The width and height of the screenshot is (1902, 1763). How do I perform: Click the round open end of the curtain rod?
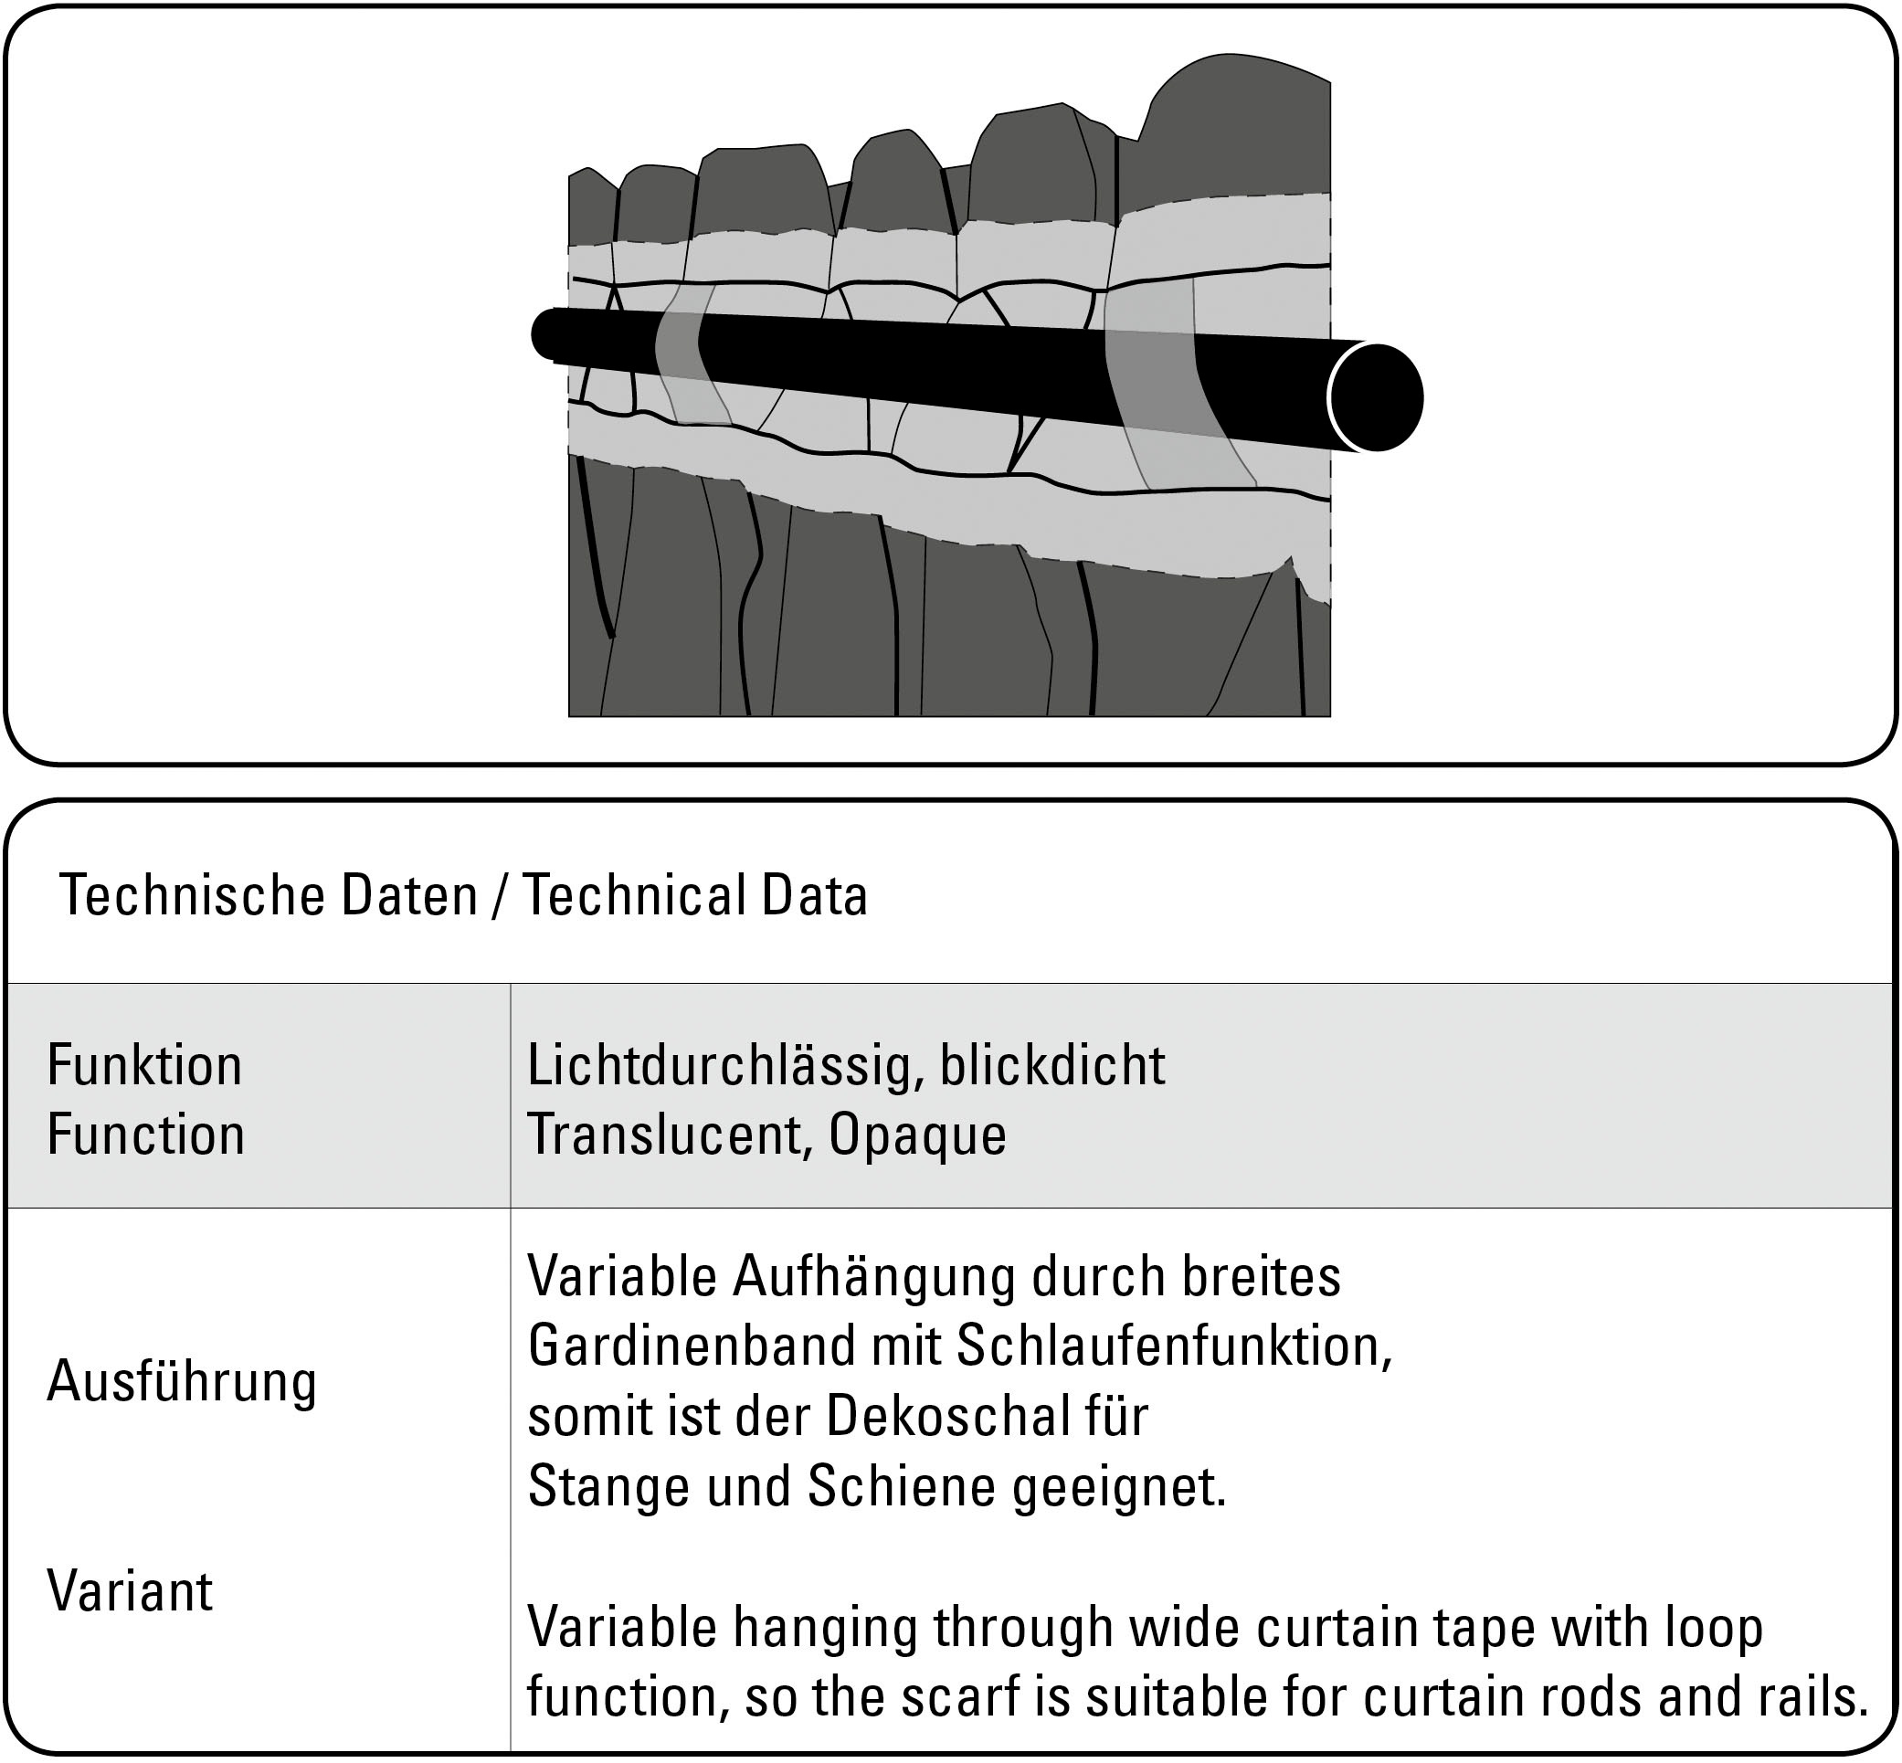pos(1376,396)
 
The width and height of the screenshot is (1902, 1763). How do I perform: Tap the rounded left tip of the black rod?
pos(546,334)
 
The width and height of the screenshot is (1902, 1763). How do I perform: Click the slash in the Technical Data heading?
pos(498,896)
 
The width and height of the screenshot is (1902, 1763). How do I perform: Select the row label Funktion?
pos(144,1065)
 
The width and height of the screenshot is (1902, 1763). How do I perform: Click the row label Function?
pos(146,1135)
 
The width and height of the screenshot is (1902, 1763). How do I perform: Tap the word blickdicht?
pos(1052,1065)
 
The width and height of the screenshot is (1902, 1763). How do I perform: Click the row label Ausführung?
pos(181,1382)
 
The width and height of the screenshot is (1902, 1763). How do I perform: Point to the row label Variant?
pos(130,1591)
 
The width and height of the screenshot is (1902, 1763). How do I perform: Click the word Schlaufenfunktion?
pos(1173,1346)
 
